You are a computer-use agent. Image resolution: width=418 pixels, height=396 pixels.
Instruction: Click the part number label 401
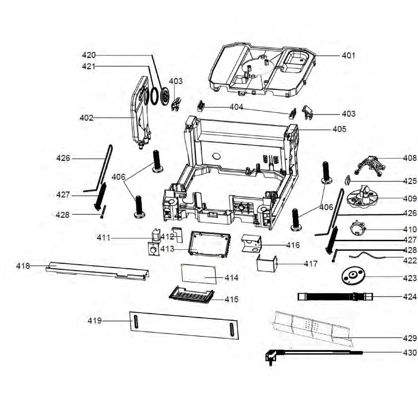[x=348, y=56]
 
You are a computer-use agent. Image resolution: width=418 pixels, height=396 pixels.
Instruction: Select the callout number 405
[x=339, y=129]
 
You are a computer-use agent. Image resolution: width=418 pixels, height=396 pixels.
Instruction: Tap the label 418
[x=23, y=266]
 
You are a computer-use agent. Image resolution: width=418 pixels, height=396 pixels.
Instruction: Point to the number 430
[x=410, y=353]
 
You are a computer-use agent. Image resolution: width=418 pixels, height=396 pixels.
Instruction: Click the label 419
[x=95, y=321]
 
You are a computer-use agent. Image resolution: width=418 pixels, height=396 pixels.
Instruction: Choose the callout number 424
[x=410, y=297]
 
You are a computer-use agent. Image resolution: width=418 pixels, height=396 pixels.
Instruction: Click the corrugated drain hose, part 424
[x=332, y=297]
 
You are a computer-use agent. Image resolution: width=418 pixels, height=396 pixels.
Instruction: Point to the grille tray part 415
[x=192, y=296]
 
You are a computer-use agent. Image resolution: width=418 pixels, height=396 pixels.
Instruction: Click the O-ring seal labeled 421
[x=154, y=96]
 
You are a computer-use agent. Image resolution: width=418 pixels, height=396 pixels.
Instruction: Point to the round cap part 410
[x=358, y=228]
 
